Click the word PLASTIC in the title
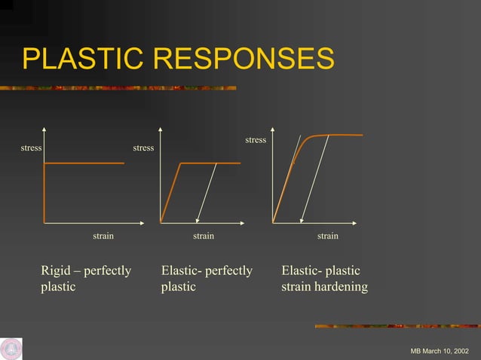point(75,59)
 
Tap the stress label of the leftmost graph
point(31,148)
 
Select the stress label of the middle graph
point(143,148)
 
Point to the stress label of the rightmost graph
point(256,140)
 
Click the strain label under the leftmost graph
point(103,236)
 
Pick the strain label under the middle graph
point(204,236)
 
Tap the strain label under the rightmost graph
point(328,236)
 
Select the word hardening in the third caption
point(340,287)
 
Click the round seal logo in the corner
point(11,349)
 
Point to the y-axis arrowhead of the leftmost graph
point(44,130)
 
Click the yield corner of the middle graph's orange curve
point(180,163)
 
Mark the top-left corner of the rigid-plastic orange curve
point(45,163)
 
